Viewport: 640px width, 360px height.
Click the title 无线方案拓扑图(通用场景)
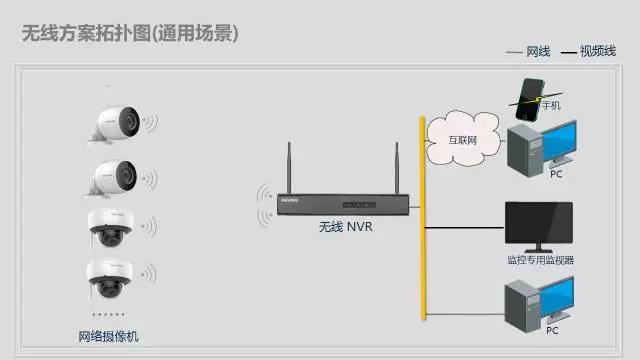coord(130,34)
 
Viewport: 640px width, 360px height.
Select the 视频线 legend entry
coord(597,52)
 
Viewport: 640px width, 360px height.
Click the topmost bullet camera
coord(114,121)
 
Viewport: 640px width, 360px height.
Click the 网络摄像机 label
coord(108,336)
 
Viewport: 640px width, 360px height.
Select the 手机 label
coord(551,104)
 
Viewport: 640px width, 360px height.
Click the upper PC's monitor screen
coord(552,139)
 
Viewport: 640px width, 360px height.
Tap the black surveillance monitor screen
coord(538,224)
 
